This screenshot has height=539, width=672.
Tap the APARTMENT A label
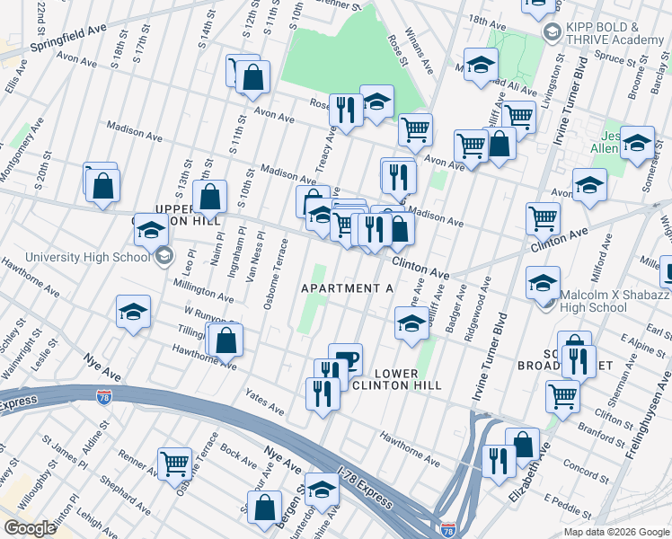[x=347, y=288]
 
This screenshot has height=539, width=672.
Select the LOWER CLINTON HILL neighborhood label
[x=395, y=378]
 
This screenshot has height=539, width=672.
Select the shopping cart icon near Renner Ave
[x=174, y=464]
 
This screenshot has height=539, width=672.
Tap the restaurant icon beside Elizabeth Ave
[x=499, y=461]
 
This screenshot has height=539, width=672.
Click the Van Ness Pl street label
[x=256, y=256]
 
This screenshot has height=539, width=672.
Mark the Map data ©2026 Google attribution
[x=615, y=532]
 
